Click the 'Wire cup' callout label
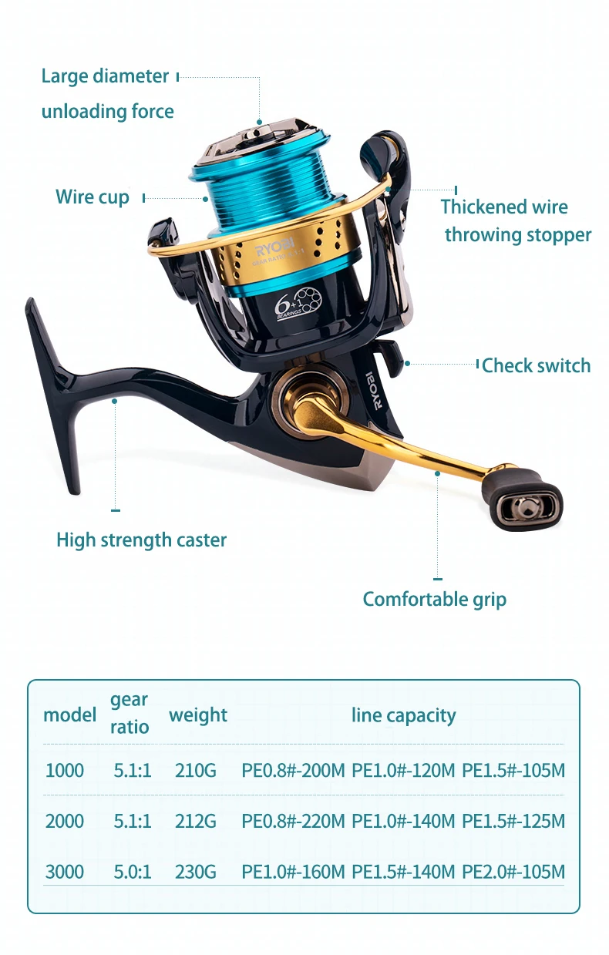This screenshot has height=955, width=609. [92, 197]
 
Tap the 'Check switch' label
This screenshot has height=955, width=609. [536, 365]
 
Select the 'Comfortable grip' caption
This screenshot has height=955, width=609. [434, 599]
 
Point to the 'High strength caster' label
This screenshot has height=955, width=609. [141, 540]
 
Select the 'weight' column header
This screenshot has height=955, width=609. [197, 715]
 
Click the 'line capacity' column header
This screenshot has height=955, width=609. [403, 715]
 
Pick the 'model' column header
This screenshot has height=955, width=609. [69, 715]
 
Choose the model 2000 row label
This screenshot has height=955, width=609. [65, 821]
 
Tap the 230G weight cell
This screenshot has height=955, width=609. [195, 872]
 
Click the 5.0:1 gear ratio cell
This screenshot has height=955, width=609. [133, 872]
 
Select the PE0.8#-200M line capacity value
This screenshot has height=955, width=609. [293, 770]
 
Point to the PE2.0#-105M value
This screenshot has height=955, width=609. [513, 872]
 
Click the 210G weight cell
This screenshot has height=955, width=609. [195, 770]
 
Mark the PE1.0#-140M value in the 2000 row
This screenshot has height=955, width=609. [403, 821]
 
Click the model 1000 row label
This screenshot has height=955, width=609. [65, 770]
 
